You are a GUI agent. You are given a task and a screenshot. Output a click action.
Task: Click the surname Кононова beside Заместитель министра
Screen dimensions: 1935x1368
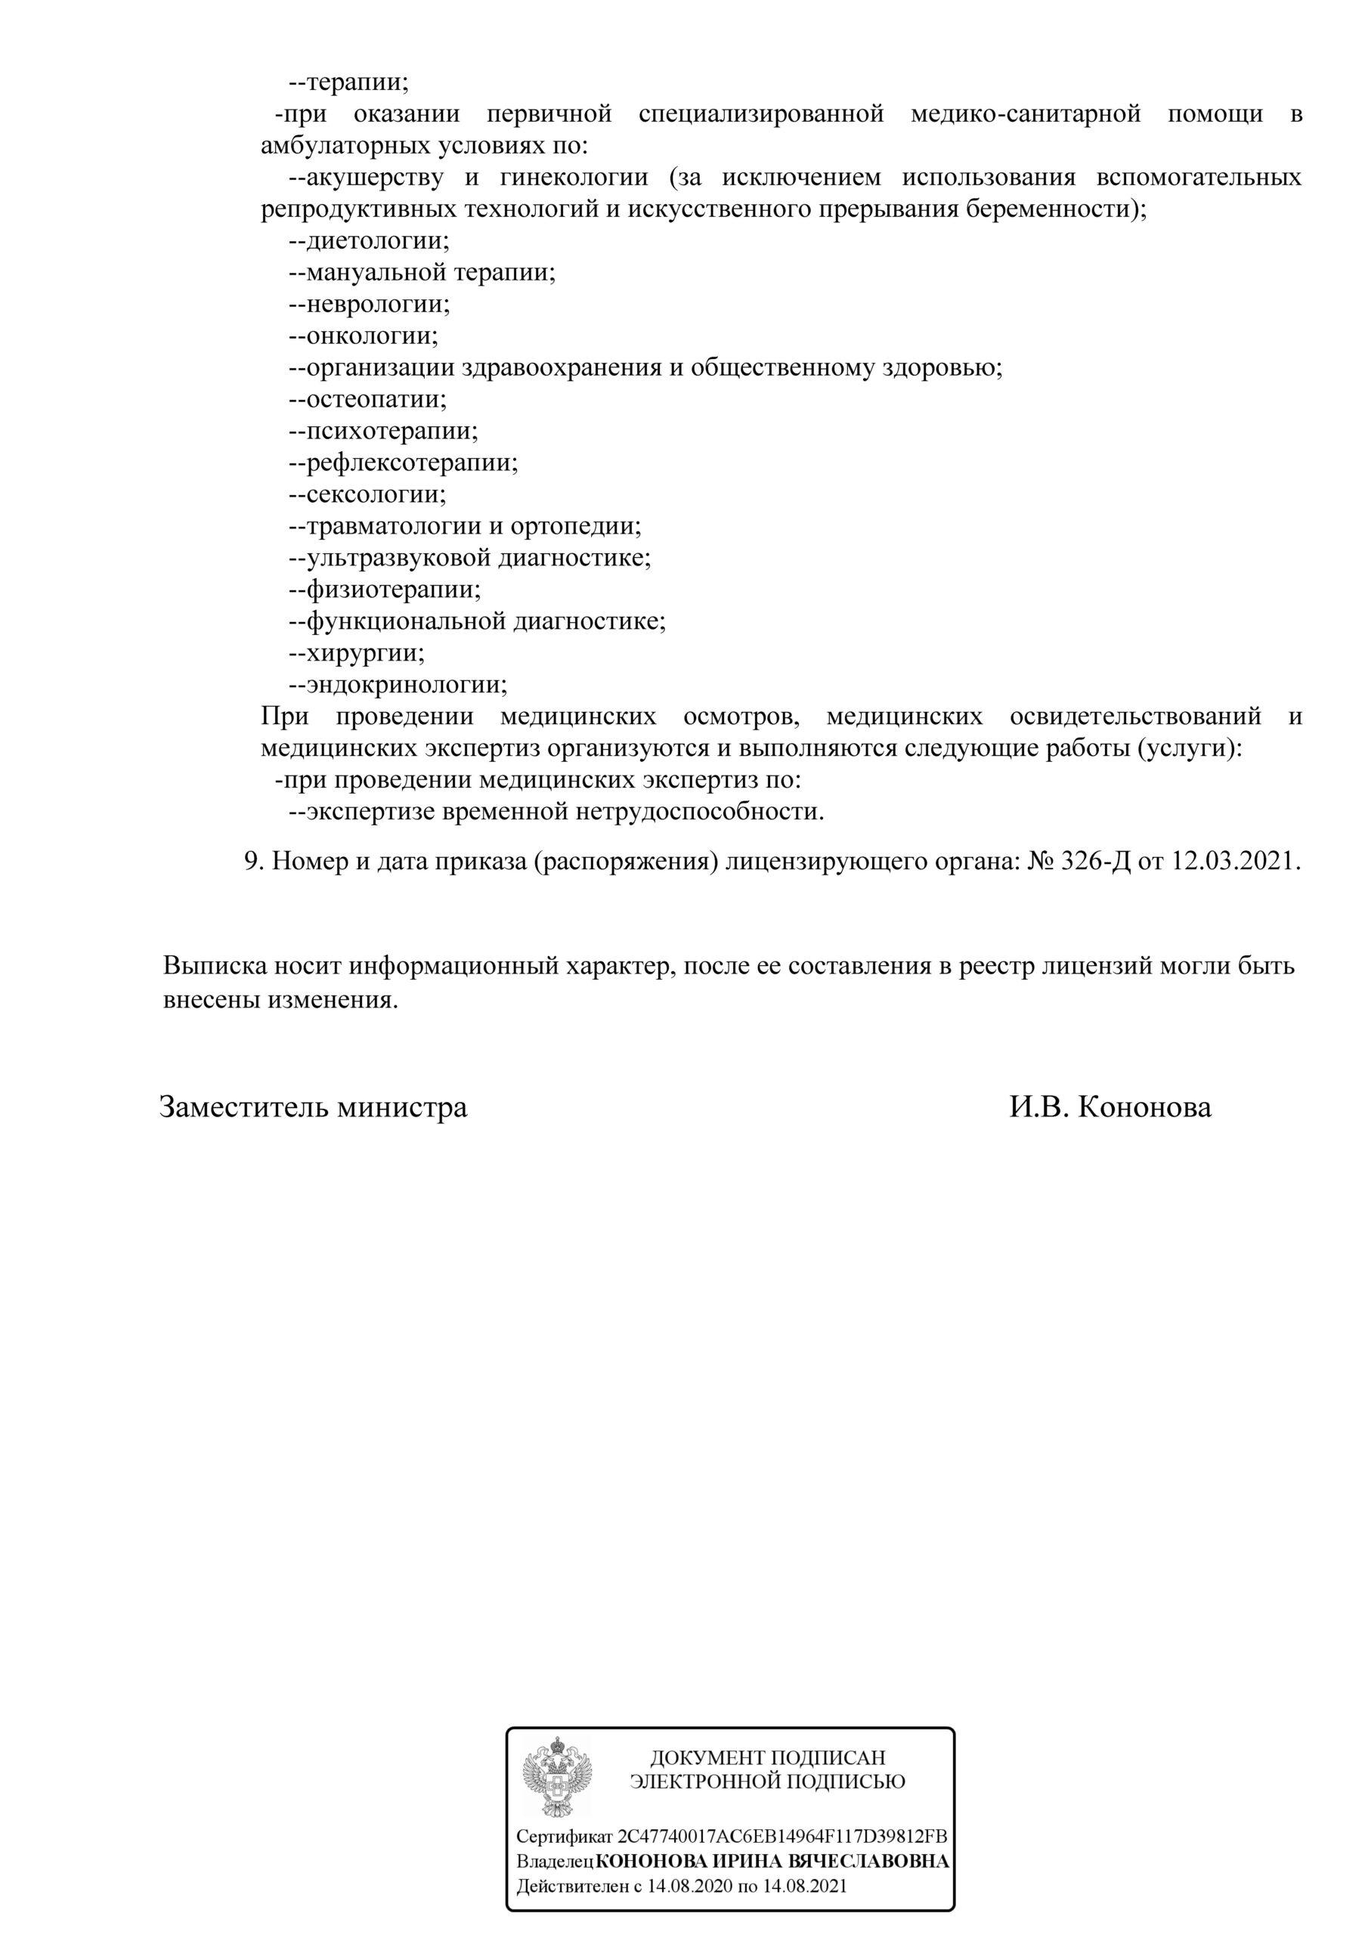(x=1144, y=1107)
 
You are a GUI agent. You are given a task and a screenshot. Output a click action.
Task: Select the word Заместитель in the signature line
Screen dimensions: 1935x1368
(x=244, y=1107)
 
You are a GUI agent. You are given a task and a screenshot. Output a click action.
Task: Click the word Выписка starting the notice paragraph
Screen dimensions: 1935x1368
(x=214, y=966)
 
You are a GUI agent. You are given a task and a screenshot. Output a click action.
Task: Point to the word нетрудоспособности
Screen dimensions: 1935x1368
(x=699, y=813)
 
